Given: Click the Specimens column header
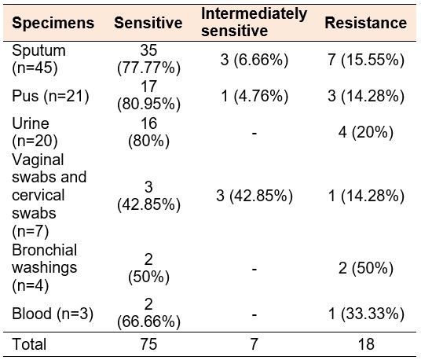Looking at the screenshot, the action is (53, 23).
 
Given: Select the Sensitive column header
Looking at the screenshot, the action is (148, 23).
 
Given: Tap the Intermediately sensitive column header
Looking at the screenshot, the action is (254, 22).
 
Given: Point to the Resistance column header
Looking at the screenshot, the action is (366, 23).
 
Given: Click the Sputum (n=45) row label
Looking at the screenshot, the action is (38, 59).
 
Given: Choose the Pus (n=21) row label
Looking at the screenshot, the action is (50, 96).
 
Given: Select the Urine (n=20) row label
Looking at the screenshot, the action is (35, 132).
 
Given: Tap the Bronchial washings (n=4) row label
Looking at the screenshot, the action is (45, 268).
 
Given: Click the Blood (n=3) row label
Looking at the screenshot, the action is (53, 314).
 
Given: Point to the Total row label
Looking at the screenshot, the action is (29, 344).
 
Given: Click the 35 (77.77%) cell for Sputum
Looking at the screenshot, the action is (148, 59).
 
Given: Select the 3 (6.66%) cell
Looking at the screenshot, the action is (254, 60).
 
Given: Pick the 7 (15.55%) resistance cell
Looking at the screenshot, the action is (366, 60).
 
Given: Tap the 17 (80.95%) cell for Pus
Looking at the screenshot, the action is (148, 96).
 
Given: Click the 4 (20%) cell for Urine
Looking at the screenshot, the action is (366, 132).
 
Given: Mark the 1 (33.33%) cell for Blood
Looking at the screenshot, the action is (366, 314).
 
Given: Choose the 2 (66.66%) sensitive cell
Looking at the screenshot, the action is (148, 314).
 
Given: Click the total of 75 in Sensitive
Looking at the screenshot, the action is (148, 344).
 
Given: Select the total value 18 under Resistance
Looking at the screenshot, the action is (366, 344).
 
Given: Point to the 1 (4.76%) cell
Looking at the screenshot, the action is (254, 96).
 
